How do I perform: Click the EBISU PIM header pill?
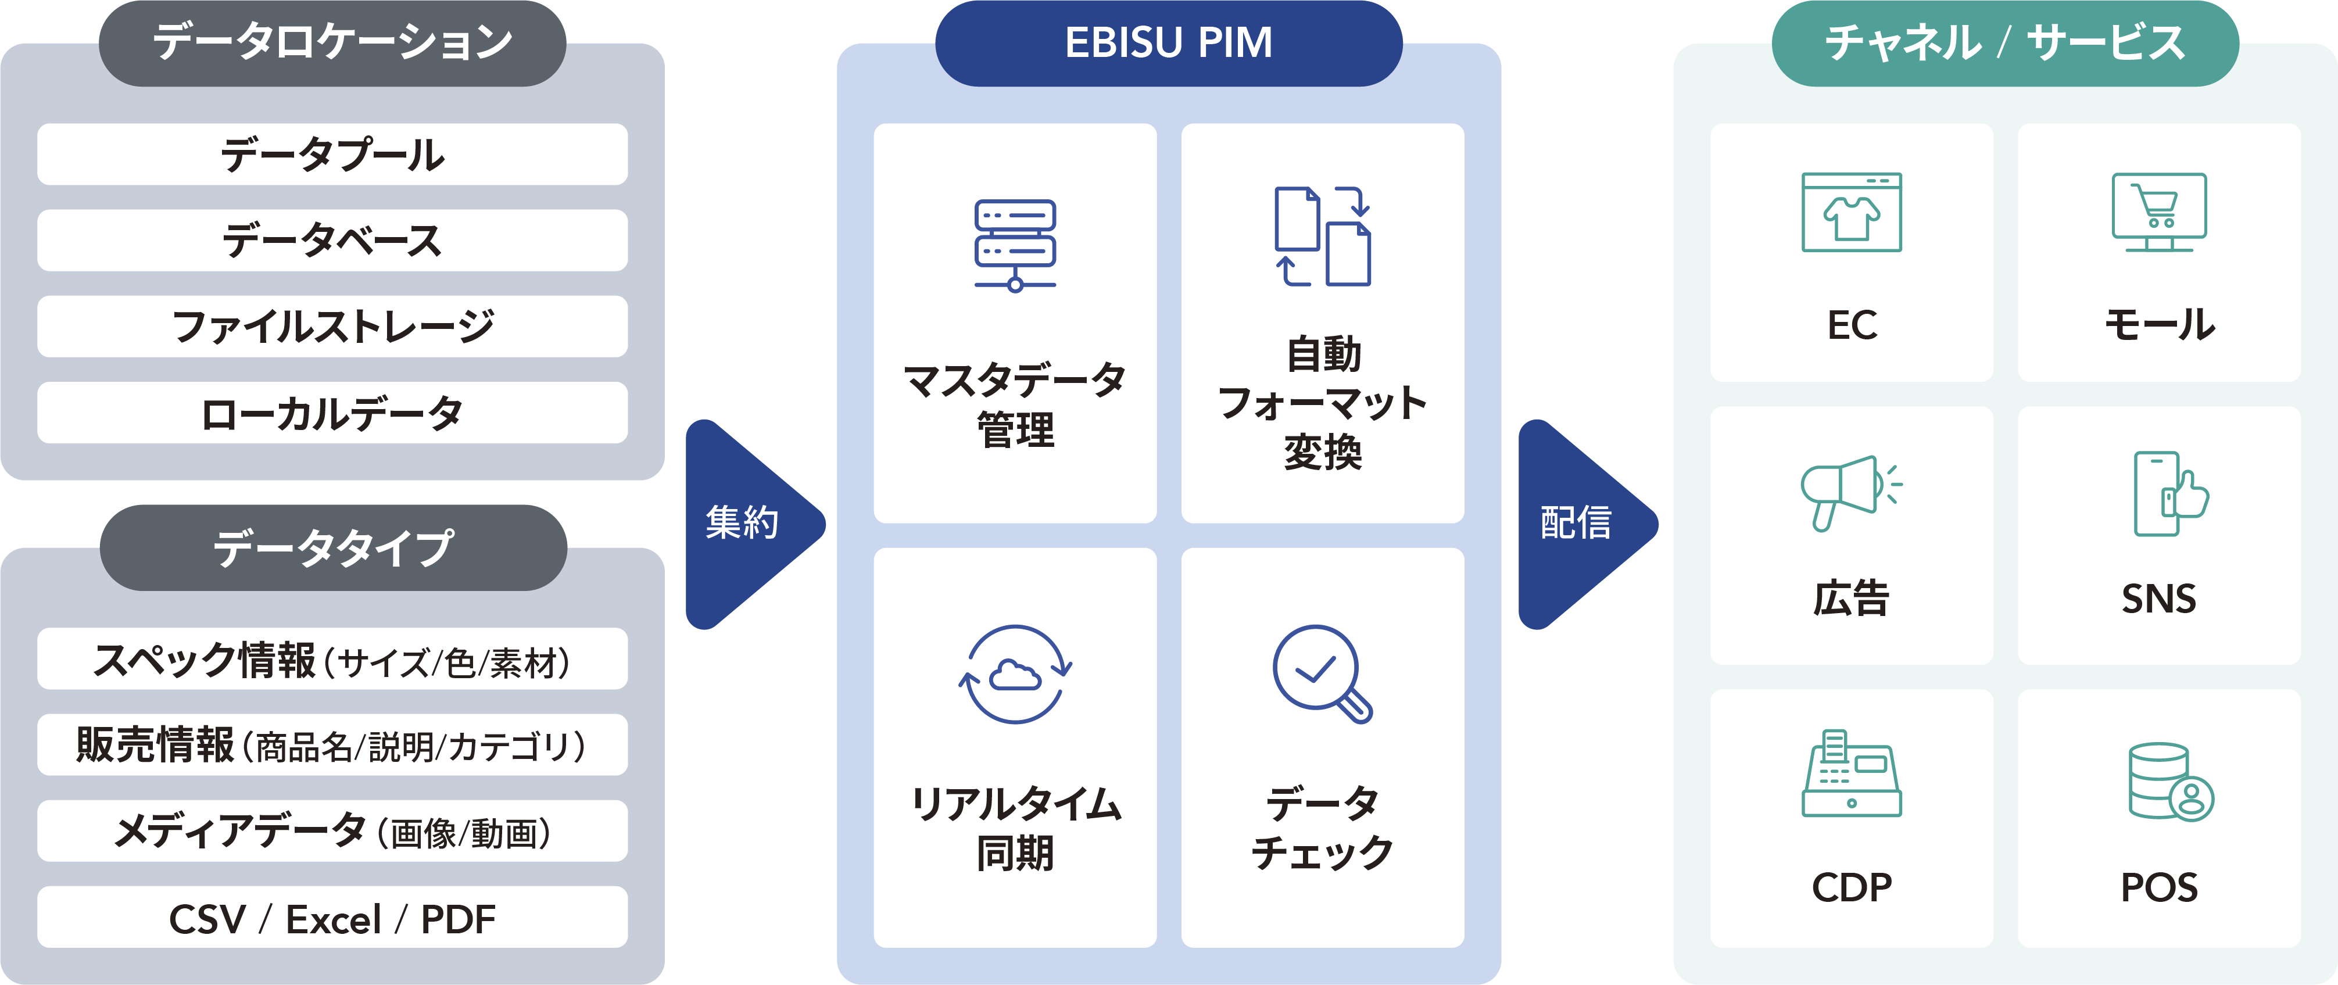(1168, 42)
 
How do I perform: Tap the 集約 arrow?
(744, 524)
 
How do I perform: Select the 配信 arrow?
(1577, 524)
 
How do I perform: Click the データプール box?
(332, 155)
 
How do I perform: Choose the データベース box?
(332, 241)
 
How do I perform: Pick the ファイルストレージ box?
(332, 327)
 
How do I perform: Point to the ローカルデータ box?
(332, 413)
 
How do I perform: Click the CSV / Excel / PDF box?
(332, 918)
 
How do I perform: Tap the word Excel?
(333, 920)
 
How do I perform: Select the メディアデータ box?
(332, 832)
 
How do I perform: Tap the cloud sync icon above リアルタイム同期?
(1015, 675)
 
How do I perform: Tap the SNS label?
(2158, 599)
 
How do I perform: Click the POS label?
(2158, 887)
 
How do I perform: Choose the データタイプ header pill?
(332, 547)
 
